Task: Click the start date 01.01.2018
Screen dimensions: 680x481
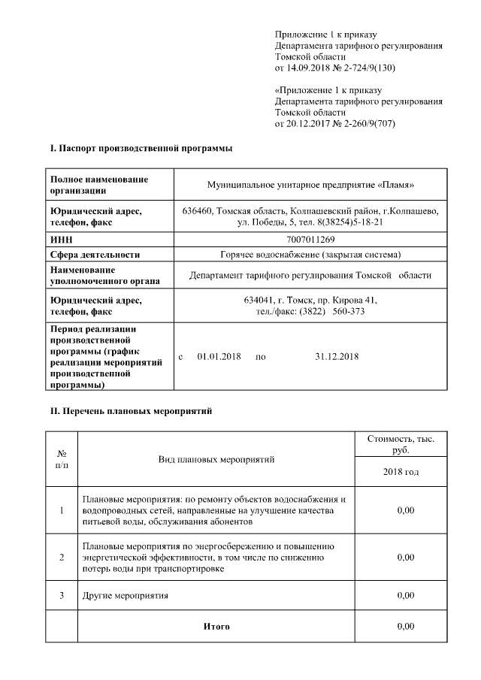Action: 219,356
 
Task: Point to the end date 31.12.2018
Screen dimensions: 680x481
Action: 337,356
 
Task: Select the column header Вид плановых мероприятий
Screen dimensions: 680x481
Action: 216,458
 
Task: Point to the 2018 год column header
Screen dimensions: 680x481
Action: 400,472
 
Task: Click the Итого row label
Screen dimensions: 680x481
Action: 216,626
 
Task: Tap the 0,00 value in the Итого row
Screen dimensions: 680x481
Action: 405,626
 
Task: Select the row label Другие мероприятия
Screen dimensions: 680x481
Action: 125,595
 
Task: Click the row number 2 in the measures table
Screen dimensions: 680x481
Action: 62,557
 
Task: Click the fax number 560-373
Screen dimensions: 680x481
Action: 348,311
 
